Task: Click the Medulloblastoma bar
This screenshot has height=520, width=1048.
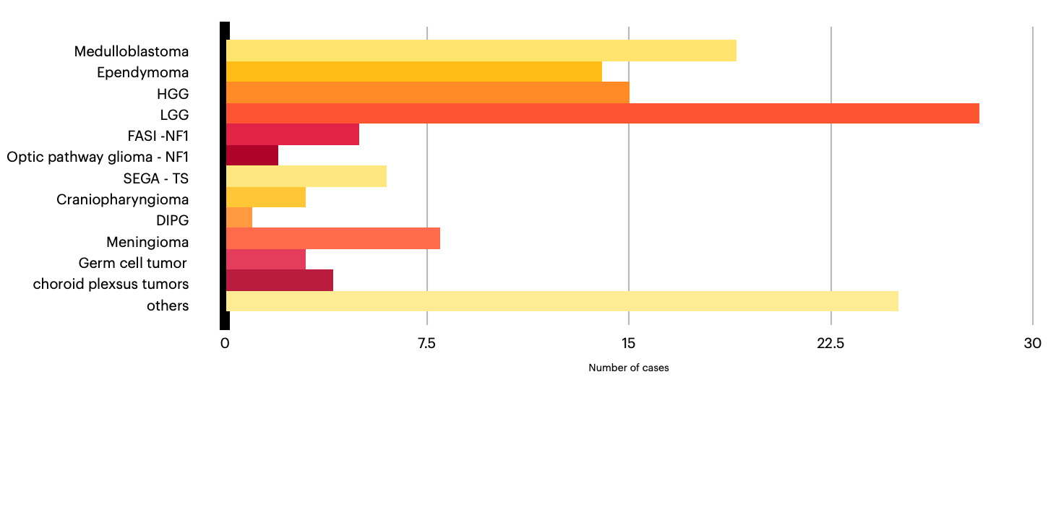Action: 481,51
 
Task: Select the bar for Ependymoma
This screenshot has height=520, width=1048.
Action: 414,71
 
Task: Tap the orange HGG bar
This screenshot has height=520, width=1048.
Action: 428,92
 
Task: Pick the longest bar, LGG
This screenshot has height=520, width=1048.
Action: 603,113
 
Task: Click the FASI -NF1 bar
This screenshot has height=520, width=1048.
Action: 293,134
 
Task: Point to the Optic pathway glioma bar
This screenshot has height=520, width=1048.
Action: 252,155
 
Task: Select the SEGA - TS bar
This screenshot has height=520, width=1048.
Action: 306,176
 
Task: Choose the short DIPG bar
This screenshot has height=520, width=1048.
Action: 239,218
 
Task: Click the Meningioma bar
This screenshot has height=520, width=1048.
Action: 333,238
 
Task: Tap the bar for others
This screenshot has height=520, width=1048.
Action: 562,301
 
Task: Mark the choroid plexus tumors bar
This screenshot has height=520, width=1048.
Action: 279,280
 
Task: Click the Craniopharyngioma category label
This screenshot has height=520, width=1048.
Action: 123,199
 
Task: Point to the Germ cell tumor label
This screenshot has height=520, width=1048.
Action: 132,263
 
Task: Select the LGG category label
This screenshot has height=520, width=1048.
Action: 174,115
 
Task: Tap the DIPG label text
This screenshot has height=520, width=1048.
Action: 172,220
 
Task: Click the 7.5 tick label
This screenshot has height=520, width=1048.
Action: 426,344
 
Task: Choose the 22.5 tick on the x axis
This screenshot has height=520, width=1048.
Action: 830,344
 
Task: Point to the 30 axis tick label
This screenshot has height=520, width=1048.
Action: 1032,344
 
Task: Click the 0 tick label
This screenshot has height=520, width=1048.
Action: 225,344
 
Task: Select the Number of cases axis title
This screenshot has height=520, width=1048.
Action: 628,368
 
